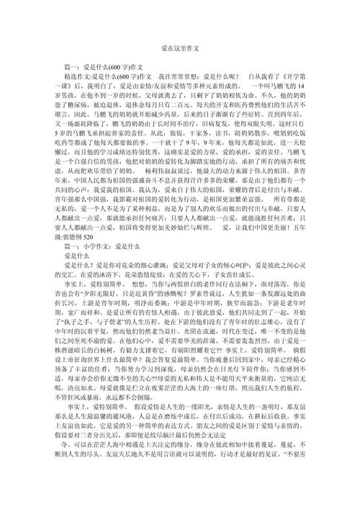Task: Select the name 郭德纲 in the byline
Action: [x=72, y=237]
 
